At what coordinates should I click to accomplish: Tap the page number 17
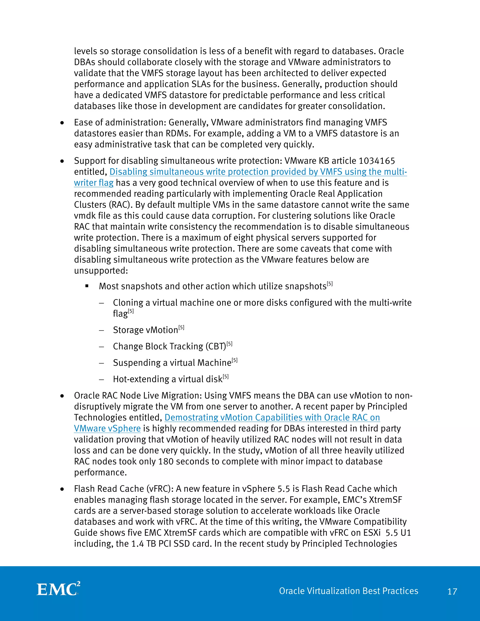pos(452,592)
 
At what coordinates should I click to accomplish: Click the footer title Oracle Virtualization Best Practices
pos(348,591)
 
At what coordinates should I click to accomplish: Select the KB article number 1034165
pos(377,161)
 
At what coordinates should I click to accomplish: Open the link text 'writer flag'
pos(94,183)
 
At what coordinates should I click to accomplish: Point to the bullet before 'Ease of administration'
pos(62,123)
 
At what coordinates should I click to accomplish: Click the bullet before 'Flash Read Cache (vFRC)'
pos(62,489)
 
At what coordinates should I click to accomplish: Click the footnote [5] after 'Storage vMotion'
pos(181,328)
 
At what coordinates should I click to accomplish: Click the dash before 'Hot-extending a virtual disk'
pos(101,379)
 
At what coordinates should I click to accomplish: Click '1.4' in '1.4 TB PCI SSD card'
pos(138,544)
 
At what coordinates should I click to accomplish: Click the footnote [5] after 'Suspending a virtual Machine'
pos(235,361)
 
